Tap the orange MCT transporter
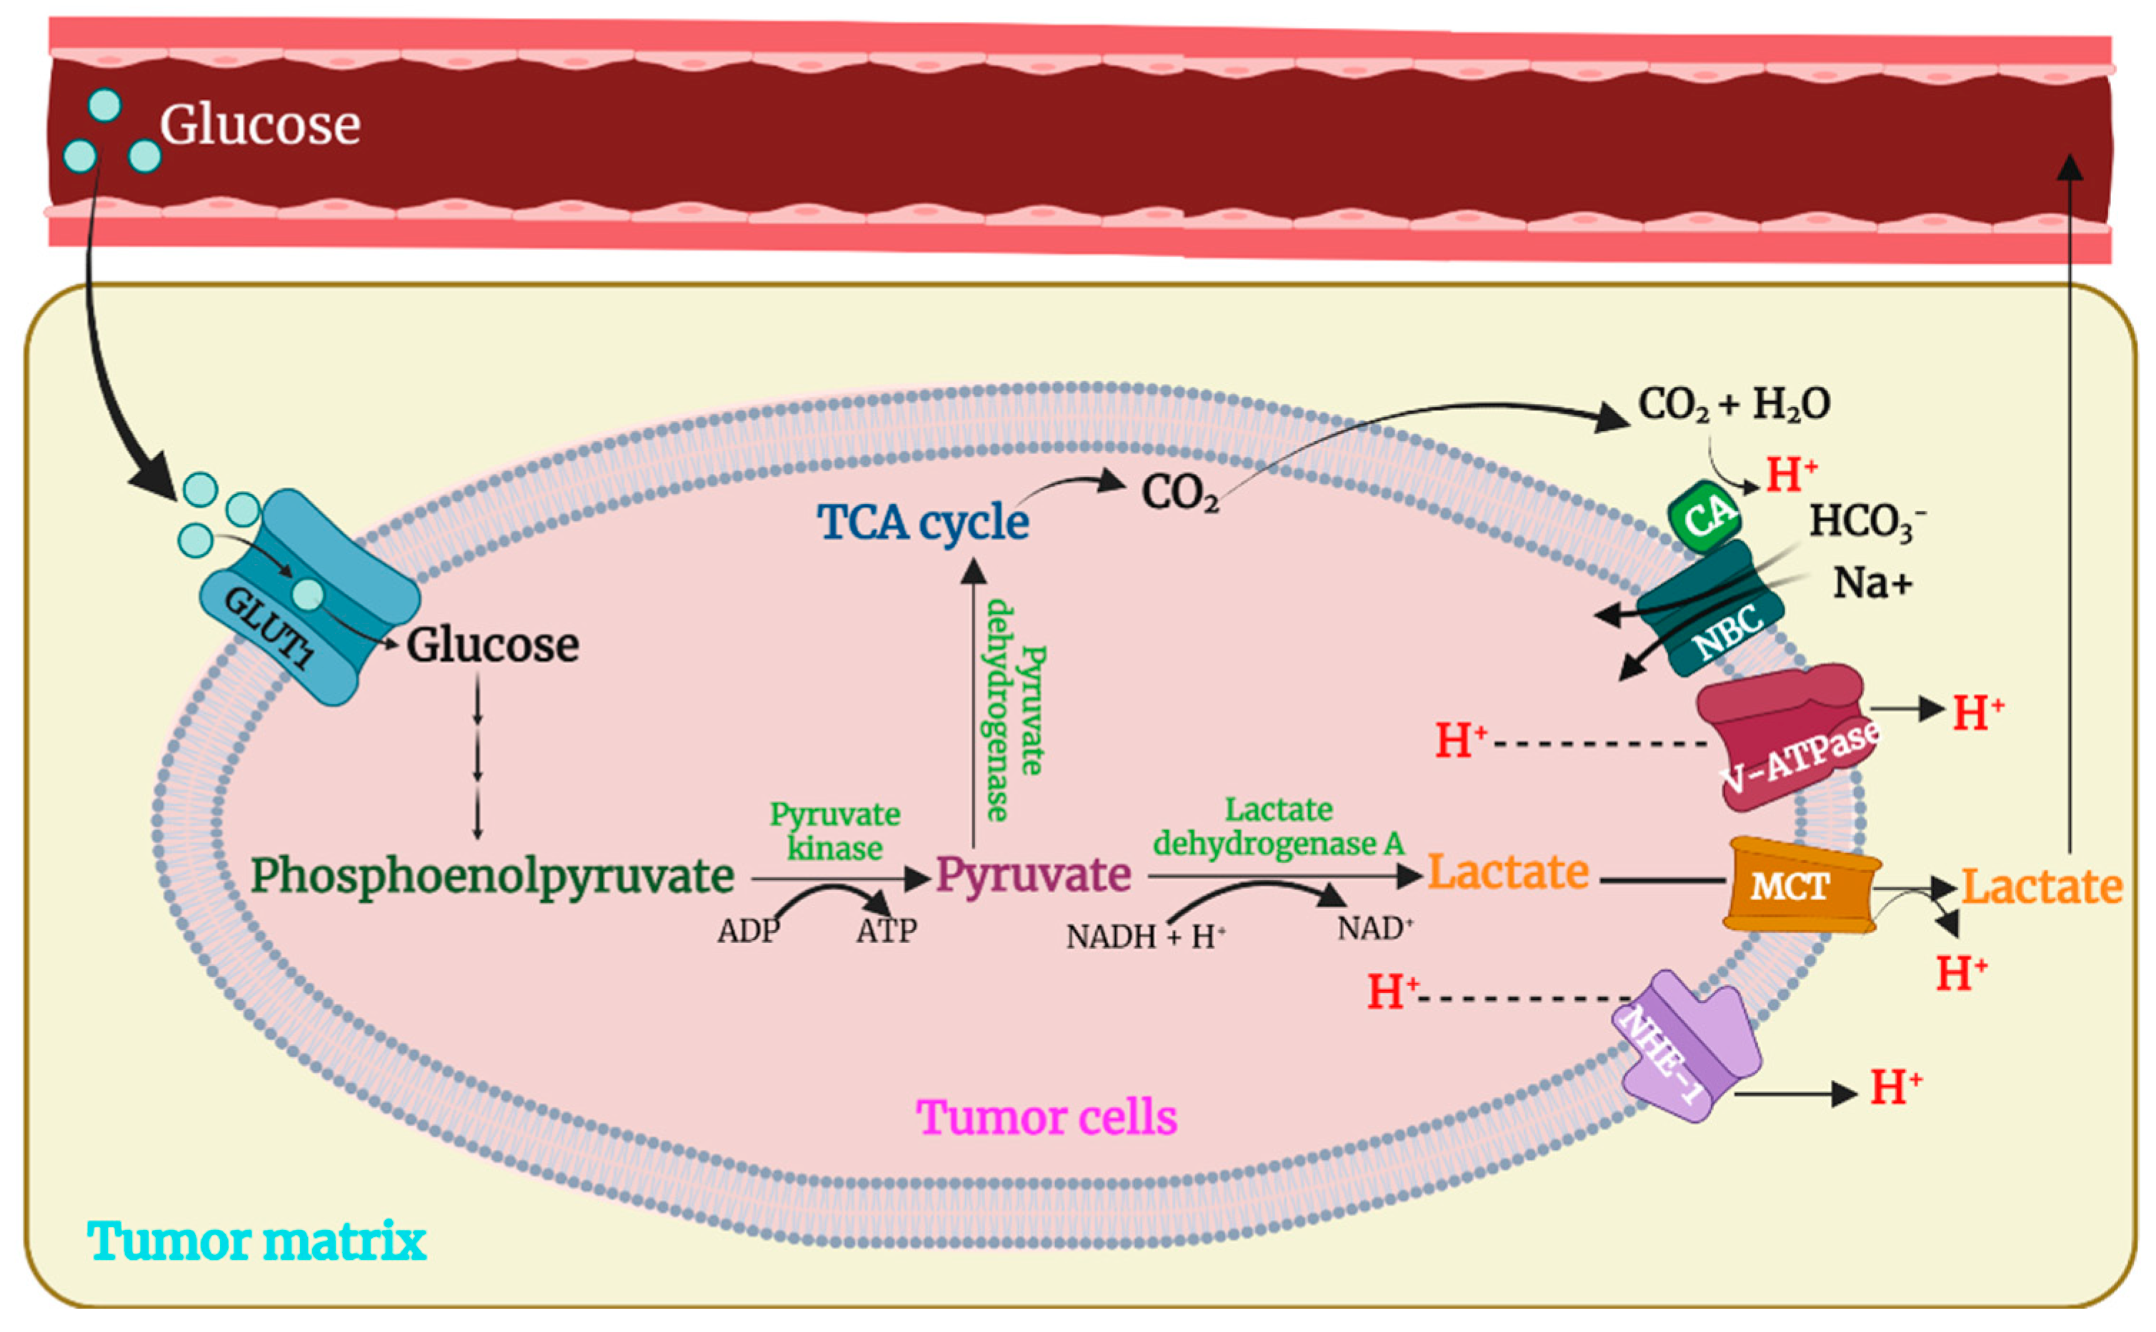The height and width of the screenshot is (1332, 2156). [x=1798, y=885]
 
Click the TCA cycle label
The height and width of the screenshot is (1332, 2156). [x=923, y=522]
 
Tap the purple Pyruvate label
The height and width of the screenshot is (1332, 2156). [x=1033, y=874]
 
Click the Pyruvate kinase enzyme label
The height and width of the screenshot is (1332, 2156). [x=834, y=831]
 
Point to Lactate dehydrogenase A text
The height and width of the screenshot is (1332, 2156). [x=1278, y=827]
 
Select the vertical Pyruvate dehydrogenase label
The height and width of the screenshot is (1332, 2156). [x=1014, y=709]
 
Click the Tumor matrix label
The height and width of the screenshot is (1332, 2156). [x=256, y=1241]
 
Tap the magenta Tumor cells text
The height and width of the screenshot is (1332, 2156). [x=1047, y=1117]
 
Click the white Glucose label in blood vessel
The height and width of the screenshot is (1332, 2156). [x=260, y=124]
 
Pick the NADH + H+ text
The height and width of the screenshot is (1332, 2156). [x=1145, y=937]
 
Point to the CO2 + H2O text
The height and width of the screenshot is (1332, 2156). [x=1734, y=404]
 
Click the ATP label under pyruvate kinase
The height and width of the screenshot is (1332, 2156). [x=887, y=930]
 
